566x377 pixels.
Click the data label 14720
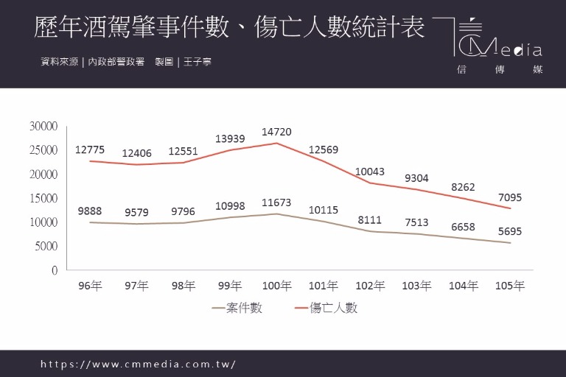276,132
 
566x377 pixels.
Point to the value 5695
510,231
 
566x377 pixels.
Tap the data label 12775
90,149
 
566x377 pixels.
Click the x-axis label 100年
276,286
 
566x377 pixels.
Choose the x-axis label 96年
90,286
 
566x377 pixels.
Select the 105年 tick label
510,286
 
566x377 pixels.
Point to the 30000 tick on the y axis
43,126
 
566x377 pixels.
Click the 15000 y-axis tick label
43,198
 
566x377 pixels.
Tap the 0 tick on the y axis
54,270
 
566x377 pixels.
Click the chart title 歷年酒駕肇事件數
133,28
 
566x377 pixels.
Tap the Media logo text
509,50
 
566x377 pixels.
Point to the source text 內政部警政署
116,62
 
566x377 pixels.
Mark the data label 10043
370,172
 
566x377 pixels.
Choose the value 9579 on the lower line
136,213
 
